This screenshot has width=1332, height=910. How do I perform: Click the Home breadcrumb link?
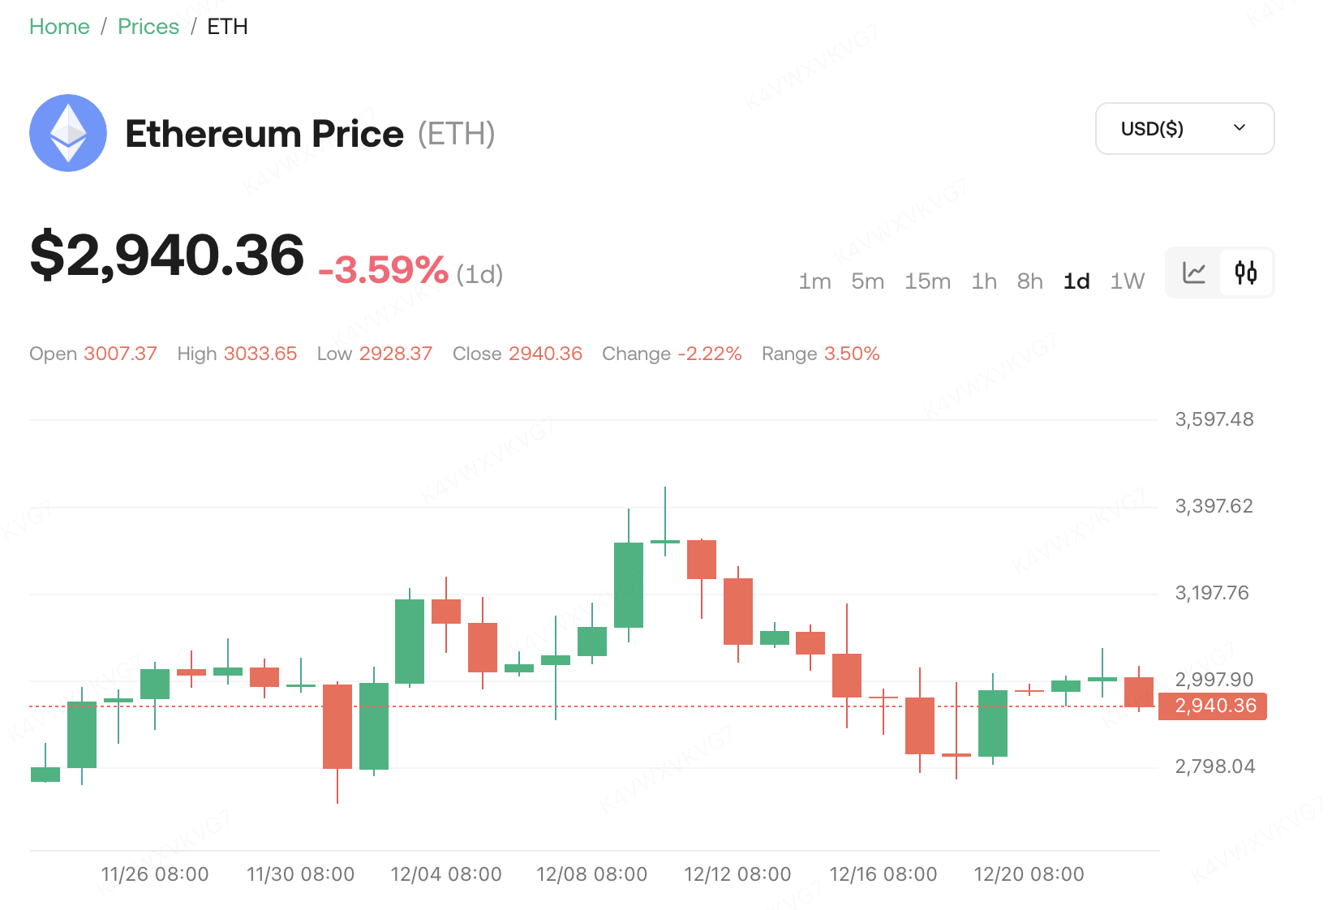pos(59,27)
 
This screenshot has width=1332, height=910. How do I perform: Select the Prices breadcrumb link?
pos(148,27)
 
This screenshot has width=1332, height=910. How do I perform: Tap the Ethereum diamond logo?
pos(68,133)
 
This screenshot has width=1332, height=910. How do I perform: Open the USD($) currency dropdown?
pos(1184,128)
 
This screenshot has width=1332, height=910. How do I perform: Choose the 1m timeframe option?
pos(814,281)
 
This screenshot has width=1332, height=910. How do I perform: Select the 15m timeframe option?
pos(927,281)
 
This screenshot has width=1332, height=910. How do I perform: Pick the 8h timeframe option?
pos(1029,281)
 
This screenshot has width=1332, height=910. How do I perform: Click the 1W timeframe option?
pos(1127,281)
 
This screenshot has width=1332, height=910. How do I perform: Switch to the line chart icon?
pos(1194,273)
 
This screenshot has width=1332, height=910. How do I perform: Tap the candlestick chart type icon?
pos(1246,273)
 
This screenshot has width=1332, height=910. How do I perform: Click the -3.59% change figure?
pos(383,270)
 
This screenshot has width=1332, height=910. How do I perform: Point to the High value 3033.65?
pos(260,354)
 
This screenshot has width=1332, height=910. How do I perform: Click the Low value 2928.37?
pos(396,354)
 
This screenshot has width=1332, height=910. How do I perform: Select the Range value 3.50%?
pos(852,354)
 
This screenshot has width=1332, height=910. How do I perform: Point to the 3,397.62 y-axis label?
pos(1214,506)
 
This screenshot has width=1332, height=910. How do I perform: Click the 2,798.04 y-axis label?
pos(1214,766)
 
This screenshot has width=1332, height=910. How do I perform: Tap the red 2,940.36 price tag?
pos(1214,706)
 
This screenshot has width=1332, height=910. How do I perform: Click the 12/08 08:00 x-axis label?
pos(591,874)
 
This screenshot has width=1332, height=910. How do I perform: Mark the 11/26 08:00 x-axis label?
pos(155,874)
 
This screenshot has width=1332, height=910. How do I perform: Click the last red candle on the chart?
pos(1139,692)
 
